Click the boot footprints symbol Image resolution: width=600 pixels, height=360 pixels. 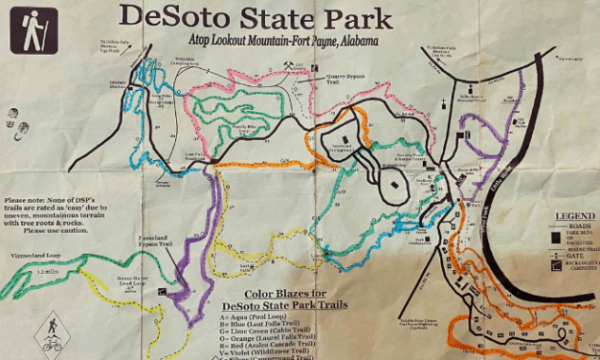[x=17, y=124]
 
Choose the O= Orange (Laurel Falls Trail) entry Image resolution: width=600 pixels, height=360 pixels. [x=279, y=337]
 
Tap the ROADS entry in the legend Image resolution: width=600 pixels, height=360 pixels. [x=580, y=226]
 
